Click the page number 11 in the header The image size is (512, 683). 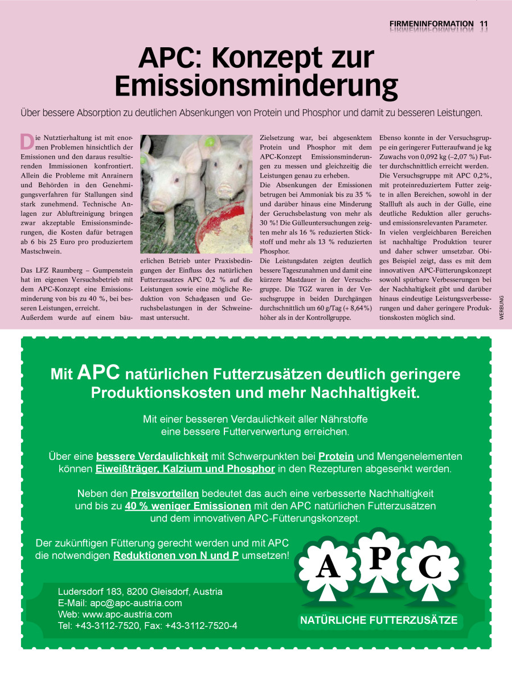[x=484, y=24]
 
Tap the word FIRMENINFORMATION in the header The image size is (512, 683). [x=431, y=24]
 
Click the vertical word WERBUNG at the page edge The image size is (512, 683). [x=502, y=311]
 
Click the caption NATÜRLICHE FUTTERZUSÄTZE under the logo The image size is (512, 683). [x=379, y=620]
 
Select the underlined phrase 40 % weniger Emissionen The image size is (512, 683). [x=188, y=505]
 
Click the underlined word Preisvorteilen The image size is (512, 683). [x=165, y=493]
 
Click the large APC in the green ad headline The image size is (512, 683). [x=99, y=373]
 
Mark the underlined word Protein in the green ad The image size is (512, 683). [x=336, y=456]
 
